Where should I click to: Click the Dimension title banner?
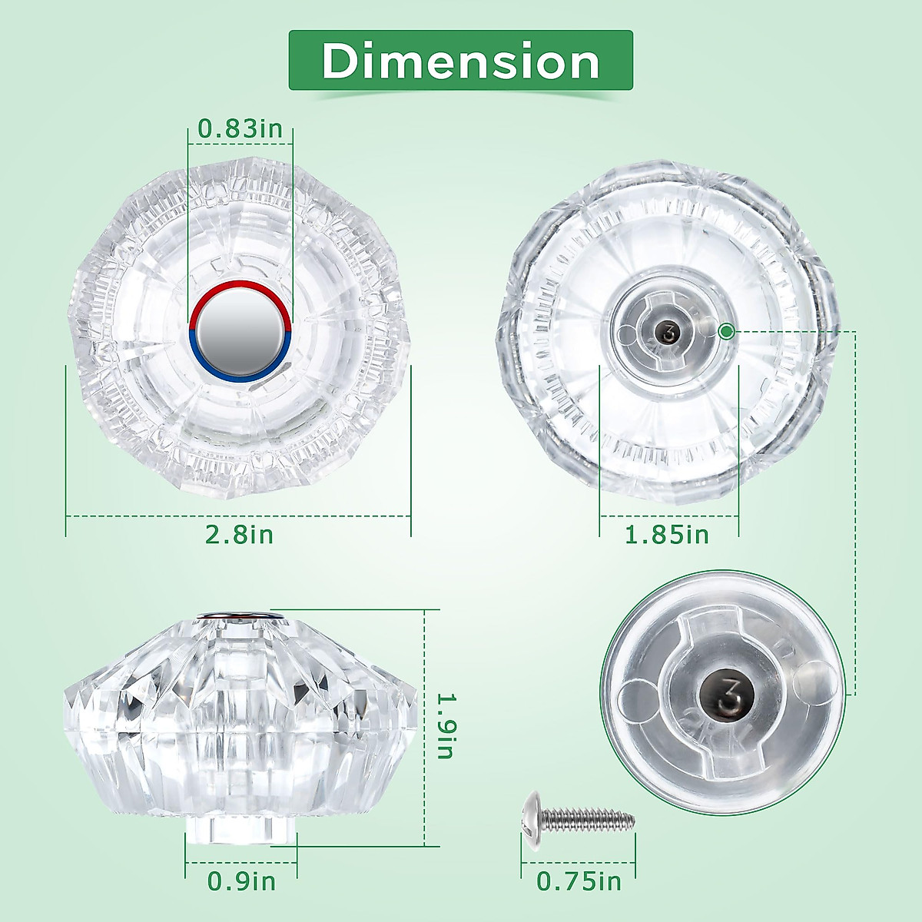click(x=460, y=60)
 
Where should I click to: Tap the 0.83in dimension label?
click(x=240, y=129)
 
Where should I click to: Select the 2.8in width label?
click(x=239, y=535)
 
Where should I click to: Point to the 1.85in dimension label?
click(x=667, y=535)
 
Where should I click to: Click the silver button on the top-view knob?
click(x=240, y=331)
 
